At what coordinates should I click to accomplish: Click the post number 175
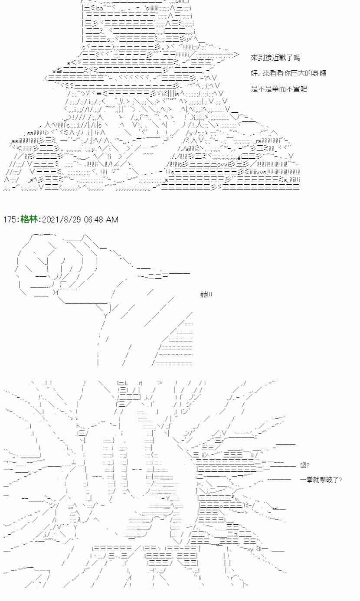(10, 219)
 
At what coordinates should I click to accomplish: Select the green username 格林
(29, 219)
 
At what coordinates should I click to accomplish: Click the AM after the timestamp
(112, 219)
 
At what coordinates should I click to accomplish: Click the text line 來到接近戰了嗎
(275, 57)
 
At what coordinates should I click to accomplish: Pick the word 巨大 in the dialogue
(298, 73)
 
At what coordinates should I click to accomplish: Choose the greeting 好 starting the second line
(254, 73)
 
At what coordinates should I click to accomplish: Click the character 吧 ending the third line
(303, 89)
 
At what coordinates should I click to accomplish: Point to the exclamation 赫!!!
(206, 294)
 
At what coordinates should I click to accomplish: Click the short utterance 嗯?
(304, 465)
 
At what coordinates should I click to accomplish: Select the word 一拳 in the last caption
(306, 480)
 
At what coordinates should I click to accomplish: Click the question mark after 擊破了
(340, 480)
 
